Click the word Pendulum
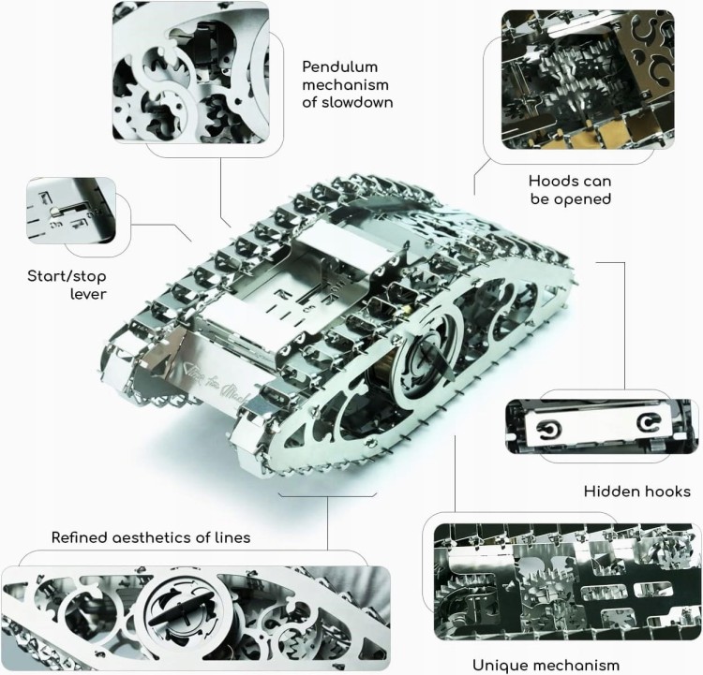[x=340, y=67]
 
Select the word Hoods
[x=551, y=182]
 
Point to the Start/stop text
[x=67, y=276]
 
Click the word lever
[x=88, y=294]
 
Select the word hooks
[x=664, y=492]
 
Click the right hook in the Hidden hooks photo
[x=649, y=422]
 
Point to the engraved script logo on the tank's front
[x=215, y=384]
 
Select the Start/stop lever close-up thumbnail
[x=71, y=210]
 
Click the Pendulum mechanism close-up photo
[x=190, y=73]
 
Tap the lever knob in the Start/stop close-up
[x=53, y=210]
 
